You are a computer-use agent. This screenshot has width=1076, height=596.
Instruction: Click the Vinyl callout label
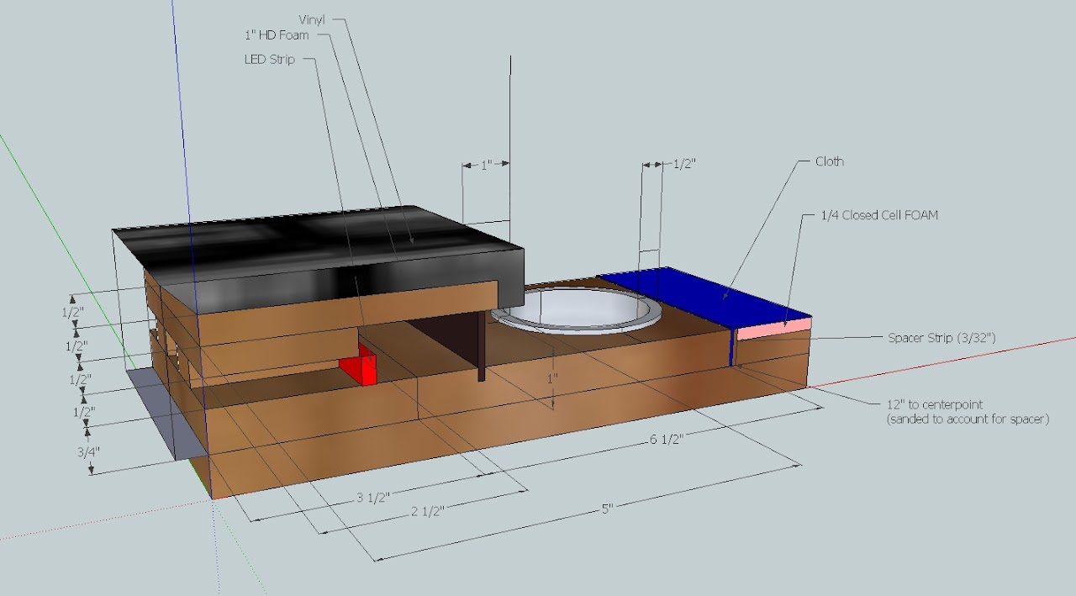(312, 19)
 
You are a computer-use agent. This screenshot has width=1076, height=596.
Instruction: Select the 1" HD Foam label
(277, 35)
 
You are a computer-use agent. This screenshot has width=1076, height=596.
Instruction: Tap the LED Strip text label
(270, 60)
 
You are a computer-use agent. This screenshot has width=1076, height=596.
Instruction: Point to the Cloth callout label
(830, 161)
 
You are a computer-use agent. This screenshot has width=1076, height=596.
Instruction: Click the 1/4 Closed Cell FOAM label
(879, 215)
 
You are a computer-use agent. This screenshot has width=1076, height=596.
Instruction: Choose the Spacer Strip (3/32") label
(941, 338)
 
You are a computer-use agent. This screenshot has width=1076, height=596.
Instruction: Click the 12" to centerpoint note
(968, 412)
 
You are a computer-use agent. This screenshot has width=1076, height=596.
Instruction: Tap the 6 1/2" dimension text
(667, 440)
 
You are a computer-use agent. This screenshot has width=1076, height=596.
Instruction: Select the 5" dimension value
(608, 509)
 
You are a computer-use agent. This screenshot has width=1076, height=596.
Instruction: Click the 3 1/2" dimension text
(372, 498)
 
